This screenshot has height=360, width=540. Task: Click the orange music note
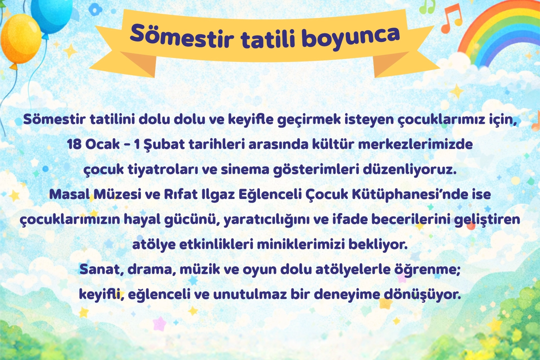(x=451, y=18)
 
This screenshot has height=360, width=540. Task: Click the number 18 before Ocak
(x=74, y=144)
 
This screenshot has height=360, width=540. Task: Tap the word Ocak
(x=102, y=144)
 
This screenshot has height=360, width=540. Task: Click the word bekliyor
(x=378, y=245)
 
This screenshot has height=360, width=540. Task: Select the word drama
(x=152, y=269)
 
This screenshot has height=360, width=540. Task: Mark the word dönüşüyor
(x=422, y=295)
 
